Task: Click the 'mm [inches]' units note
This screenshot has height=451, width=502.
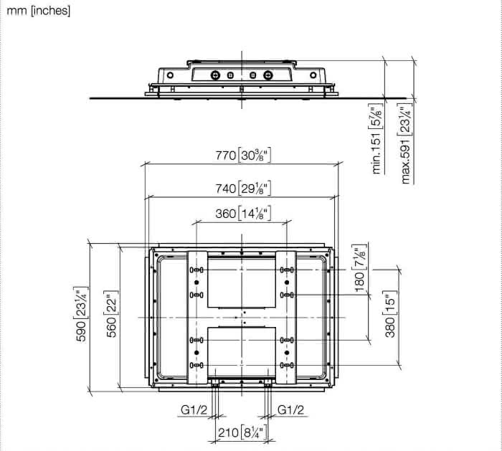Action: (39, 11)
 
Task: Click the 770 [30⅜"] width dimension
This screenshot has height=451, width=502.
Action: (243, 156)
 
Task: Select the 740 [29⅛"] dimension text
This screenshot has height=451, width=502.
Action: (243, 189)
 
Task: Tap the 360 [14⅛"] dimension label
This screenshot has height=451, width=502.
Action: (243, 214)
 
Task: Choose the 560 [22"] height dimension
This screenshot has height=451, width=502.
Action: (112, 313)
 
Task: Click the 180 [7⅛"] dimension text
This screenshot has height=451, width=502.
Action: (359, 268)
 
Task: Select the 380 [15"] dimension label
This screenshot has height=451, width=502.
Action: (390, 314)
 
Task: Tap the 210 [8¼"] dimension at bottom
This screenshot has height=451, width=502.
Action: (242, 432)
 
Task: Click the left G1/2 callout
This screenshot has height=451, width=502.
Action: (194, 409)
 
